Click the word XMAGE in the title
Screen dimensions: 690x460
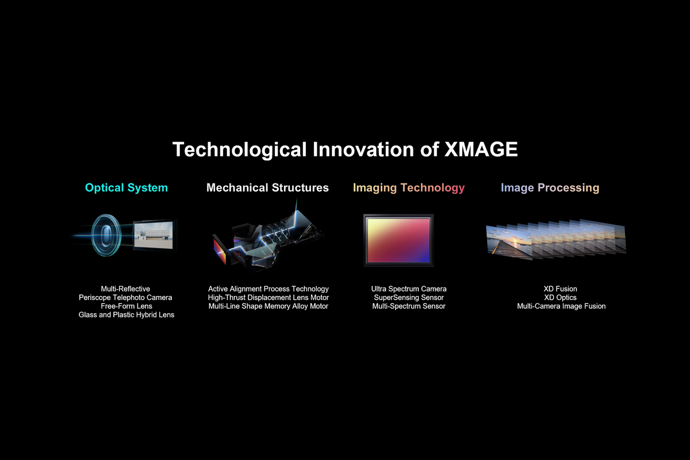click(x=481, y=149)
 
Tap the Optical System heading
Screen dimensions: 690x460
click(x=126, y=187)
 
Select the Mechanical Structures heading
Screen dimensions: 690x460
click(x=267, y=187)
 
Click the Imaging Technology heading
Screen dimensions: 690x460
click(x=409, y=187)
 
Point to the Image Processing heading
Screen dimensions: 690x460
click(x=550, y=187)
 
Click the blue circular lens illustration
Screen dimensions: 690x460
click(x=106, y=235)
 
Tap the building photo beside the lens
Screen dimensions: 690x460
click(x=154, y=235)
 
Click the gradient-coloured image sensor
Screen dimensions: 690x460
click(x=398, y=240)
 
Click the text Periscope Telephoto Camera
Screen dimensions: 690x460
click(x=125, y=298)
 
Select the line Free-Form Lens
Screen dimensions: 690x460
click(x=126, y=306)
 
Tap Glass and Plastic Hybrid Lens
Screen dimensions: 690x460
click(x=126, y=315)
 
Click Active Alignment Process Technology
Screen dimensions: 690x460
click(x=269, y=289)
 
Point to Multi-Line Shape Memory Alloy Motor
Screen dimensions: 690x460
click(x=269, y=306)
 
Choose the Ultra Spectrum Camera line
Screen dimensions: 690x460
click(x=409, y=289)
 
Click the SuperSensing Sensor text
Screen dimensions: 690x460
click(x=409, y=298)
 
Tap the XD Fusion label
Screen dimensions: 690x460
click(x=560, y=289)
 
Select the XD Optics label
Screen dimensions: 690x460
click(x=560, y=298)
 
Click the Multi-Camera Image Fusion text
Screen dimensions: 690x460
click(x=561, y=306)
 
